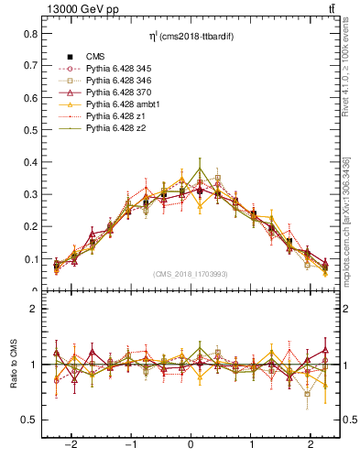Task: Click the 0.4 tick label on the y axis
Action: pos(30,162)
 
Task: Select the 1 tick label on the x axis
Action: pos(253,442)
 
